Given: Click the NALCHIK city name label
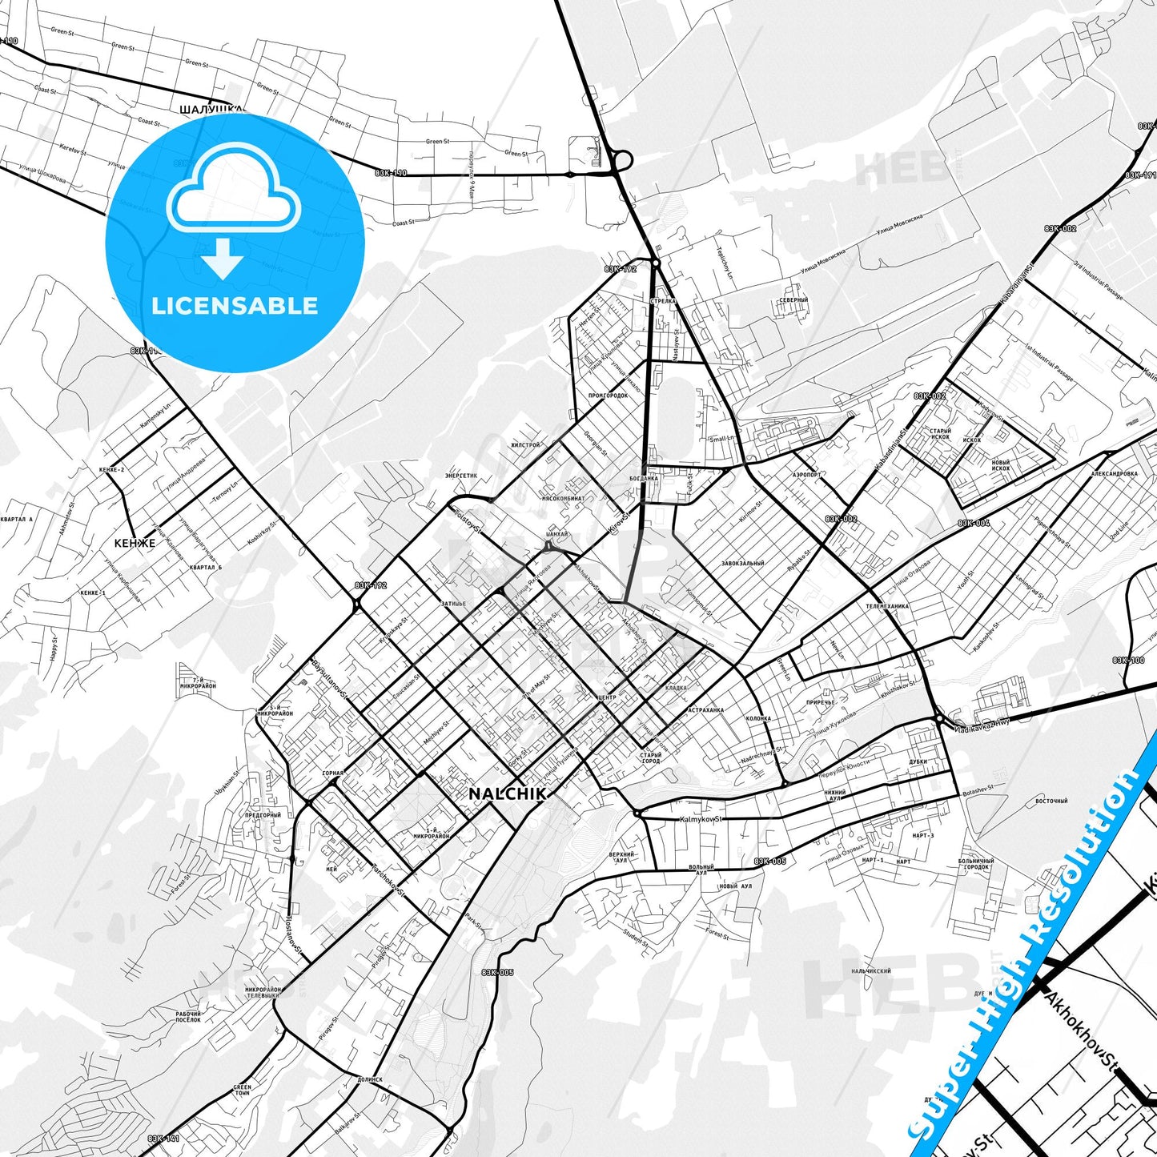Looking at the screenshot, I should click(508, 793).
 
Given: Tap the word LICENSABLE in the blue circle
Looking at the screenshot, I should click(235, 306).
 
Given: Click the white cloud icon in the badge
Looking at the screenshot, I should click(234, 195).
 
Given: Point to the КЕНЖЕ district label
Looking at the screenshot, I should click(135, 543).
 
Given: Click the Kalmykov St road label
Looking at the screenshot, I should click(701, 819).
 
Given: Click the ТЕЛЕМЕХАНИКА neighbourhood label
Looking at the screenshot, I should click(886, 606).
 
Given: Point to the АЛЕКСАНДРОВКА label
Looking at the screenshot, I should click(1114, 473).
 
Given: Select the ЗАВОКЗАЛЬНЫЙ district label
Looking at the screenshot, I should click(742, 564).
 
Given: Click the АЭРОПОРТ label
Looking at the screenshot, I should click(807, 474).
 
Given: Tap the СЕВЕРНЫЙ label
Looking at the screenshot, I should click(793, 300).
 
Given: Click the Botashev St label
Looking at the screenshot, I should click(977, 787).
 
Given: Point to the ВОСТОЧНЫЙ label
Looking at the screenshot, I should click(1051, 801).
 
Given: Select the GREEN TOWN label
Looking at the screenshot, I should click(242, 1090).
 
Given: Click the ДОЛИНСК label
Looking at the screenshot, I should click(370, 1079).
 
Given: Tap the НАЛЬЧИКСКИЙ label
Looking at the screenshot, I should click(871, 971).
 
